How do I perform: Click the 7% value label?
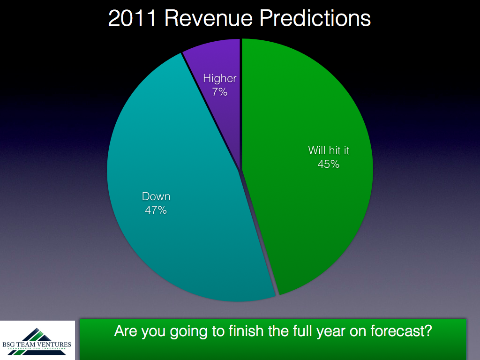[220, 92]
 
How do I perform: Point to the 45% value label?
[329, 165]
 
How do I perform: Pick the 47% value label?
[156, 210]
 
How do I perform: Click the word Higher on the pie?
[220, 79]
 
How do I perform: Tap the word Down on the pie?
[156, 196]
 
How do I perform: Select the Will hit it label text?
[329, 150]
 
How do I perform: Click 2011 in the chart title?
[133, 18]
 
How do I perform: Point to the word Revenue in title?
[209, 18]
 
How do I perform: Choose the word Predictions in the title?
[315, 18]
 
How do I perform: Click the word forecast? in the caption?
[401, 331]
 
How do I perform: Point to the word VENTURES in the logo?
[54, 345]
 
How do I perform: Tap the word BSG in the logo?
[8, 345]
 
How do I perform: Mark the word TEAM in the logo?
[26, 345]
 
